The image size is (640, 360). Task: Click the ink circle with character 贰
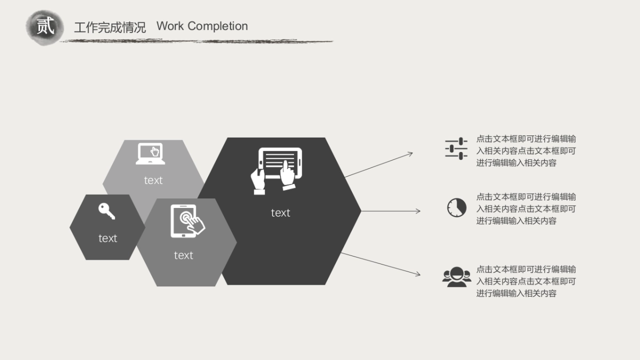[45, 27]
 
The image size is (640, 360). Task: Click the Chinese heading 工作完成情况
[110, 27]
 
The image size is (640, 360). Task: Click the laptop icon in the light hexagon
[150, 154]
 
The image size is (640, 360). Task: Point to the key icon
[107, 211]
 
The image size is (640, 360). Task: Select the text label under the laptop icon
[153, 180]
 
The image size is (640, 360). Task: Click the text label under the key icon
[108, 238]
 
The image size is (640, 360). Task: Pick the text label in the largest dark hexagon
[281, 213]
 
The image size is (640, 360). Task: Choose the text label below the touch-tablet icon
[183, 255]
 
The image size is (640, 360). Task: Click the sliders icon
[456, 148]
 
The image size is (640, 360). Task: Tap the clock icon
[457, 207]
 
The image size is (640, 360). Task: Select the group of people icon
[457, 277]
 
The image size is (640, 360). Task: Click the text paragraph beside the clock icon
[526, 209]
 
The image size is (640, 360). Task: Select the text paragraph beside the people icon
[526, 281]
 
